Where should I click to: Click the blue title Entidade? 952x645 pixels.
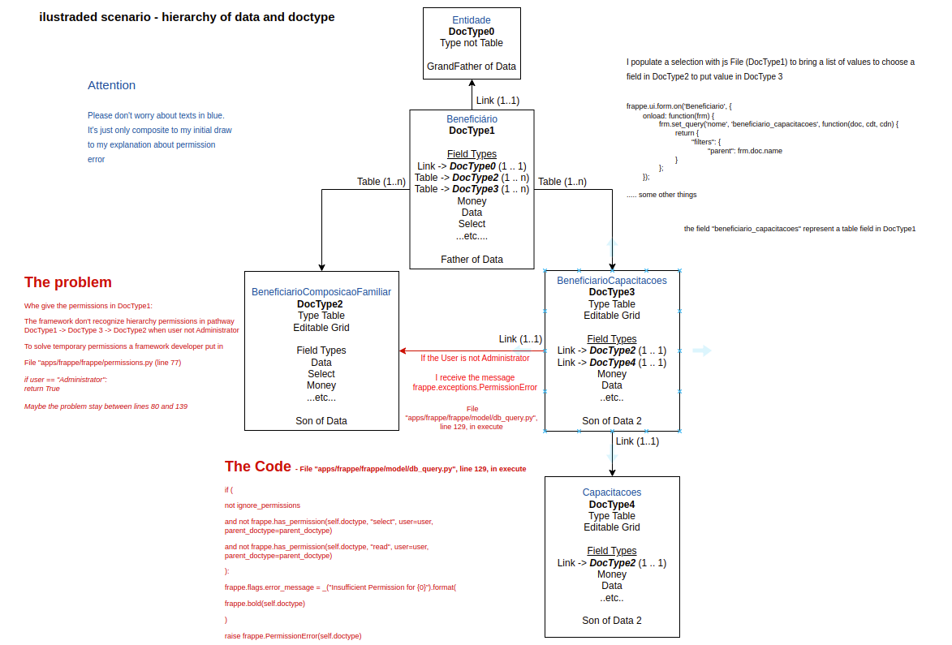tap(471, 19)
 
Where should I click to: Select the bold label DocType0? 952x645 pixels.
tap(471, 32)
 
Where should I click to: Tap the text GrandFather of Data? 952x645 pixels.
tap(471, 67)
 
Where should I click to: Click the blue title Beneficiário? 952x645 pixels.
tap(472, 118)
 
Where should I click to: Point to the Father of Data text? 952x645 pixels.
tap(472, 260)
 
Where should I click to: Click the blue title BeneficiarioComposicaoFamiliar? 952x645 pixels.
tap(321, 292)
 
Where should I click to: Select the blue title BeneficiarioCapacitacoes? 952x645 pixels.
tap(611, 281)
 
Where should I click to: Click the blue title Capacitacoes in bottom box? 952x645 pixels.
tap(611, 492)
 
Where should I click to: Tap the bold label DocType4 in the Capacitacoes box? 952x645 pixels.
tap(611, 505)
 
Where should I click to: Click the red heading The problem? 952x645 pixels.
tap(68, 282)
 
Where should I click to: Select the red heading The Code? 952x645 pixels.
tap(257, 467)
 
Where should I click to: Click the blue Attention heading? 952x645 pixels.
tap(111, 85)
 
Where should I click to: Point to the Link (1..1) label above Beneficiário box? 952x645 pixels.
tap(498, 101)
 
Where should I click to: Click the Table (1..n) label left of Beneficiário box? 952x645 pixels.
tap(381, 182)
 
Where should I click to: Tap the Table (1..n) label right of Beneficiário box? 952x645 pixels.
tap(562, 182)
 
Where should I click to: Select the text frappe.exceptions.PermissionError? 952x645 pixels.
tap(475, 388)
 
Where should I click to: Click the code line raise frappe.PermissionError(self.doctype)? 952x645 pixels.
tap(293, 636)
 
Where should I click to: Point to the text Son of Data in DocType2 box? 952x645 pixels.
tap(321, 421)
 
